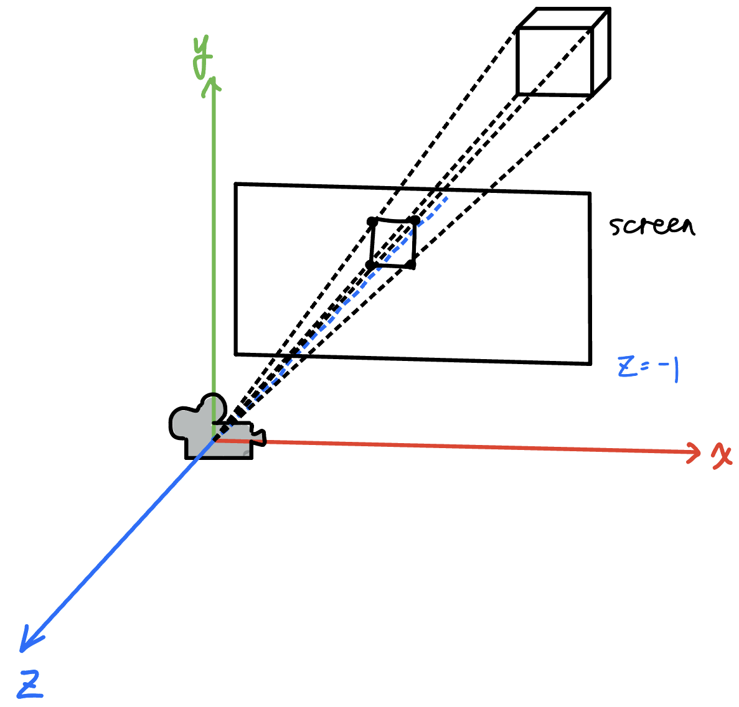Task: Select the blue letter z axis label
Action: tap(30, 685)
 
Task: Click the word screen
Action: tap(651, 225)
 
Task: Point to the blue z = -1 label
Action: tap(648, 368)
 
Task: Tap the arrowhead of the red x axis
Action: tap(695, 452)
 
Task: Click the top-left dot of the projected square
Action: tap(372, 222)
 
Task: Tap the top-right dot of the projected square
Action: tap(415, 220)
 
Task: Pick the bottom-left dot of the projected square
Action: tap(370, 266)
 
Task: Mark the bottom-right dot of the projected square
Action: tap(412, 265)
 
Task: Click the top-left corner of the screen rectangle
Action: tap(236, 184)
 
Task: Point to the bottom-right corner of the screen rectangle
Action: tap(590, 362)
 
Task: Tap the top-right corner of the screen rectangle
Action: tap(590, 194)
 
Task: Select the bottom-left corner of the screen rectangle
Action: tap(236, 354)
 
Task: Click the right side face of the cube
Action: tap(600, 52)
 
